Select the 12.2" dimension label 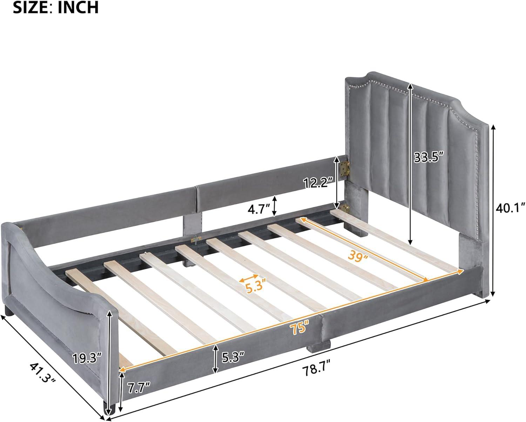point(318,182)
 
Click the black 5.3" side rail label point(233,358)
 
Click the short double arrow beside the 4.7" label point(275,206)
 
